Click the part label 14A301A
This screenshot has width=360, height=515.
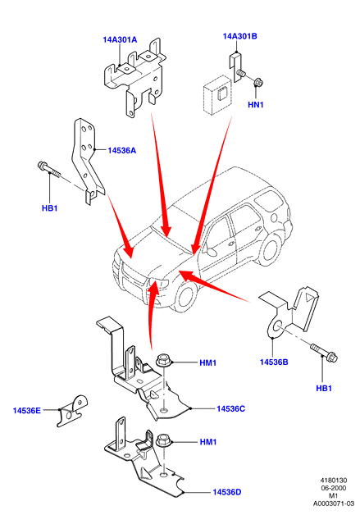click(x=120, y=39)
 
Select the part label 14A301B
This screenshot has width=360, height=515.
click(x=239, y=36)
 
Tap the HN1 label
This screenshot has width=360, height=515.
click(x=256, y=105)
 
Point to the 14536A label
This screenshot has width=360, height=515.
click(x=122, y=150)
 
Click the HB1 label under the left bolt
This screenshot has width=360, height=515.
click(x=49, y=208)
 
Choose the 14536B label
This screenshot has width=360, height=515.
click(x=274, y=362)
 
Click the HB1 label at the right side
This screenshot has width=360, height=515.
click(x=324, y=388)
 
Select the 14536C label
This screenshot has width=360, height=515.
click(x=231, y=409)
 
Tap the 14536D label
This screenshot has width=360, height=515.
click(x=226, y=492)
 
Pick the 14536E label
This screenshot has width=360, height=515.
click(x=26, y=411)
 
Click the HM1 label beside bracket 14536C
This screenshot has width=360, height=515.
click(x=208, y=362)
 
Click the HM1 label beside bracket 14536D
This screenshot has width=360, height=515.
click(x=208, y=442)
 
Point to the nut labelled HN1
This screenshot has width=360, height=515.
click(x=258, y=82)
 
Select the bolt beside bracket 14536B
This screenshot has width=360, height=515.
click(x=324, y=352)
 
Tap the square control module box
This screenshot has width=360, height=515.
click(x=217, y=95)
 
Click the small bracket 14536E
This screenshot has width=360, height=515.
click(x=72, y=411)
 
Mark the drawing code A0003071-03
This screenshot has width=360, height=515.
click(x=334, y=504)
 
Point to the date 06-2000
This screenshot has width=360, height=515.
click(x=334, y=488)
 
